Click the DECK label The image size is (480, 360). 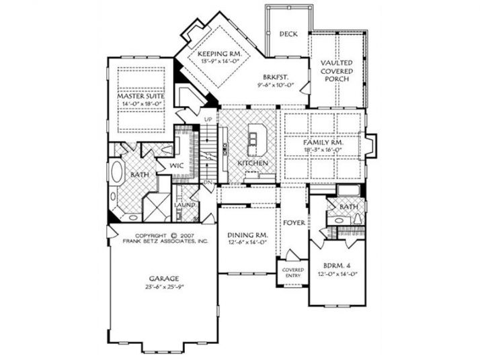click(288, 34)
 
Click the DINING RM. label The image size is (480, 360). click(248, 234)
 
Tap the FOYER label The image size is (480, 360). click(293, 222)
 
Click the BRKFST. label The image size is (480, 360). click(276, 78)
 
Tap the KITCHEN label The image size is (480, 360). click(253, 163)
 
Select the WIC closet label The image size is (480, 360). click(177, 164)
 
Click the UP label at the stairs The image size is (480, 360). click(208, 120)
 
